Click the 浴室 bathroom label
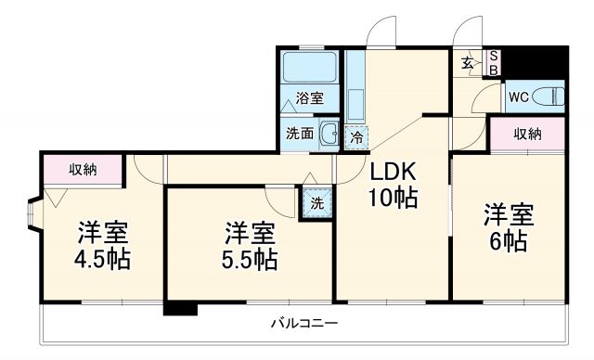pos(309,97)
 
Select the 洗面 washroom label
pos(299,134)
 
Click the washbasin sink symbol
pos(329,134)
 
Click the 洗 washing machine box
pos(316,201)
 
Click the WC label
pos(517,96)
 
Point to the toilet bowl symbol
pos(550,95)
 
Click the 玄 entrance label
pos(469,62)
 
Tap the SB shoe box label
pos(495,62)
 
